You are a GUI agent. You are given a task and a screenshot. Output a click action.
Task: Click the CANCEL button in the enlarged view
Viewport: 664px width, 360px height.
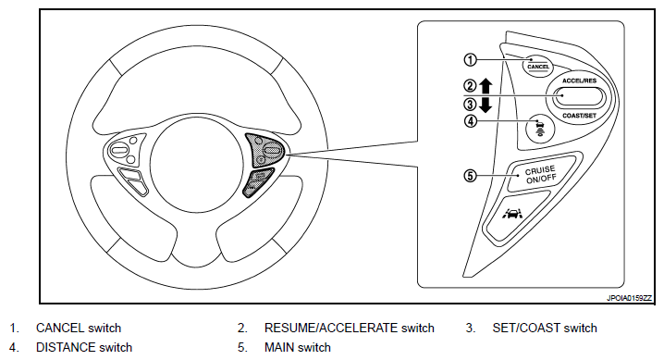538,67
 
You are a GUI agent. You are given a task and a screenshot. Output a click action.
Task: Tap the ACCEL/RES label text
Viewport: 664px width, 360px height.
579,81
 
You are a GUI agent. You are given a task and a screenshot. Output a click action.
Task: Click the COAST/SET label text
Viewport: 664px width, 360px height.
579,115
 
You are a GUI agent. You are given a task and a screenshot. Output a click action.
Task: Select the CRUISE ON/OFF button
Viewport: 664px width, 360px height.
541,174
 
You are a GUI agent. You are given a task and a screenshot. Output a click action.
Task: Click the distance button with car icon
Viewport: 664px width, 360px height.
539,128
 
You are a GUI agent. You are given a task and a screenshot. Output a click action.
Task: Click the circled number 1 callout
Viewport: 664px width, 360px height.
471,60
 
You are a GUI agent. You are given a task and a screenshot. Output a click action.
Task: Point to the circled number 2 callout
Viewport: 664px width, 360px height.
471,86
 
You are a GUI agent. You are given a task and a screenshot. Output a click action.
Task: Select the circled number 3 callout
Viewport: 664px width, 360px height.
471,105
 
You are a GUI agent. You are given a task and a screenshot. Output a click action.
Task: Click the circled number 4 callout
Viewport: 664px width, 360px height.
471,121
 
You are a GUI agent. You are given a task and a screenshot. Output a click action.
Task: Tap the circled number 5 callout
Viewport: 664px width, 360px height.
471,175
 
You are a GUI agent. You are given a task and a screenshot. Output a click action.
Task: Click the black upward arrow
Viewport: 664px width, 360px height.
486,86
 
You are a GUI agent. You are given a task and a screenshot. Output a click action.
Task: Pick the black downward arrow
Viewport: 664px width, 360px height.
486,105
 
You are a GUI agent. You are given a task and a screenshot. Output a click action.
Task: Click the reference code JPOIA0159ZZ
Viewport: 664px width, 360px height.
629,298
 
